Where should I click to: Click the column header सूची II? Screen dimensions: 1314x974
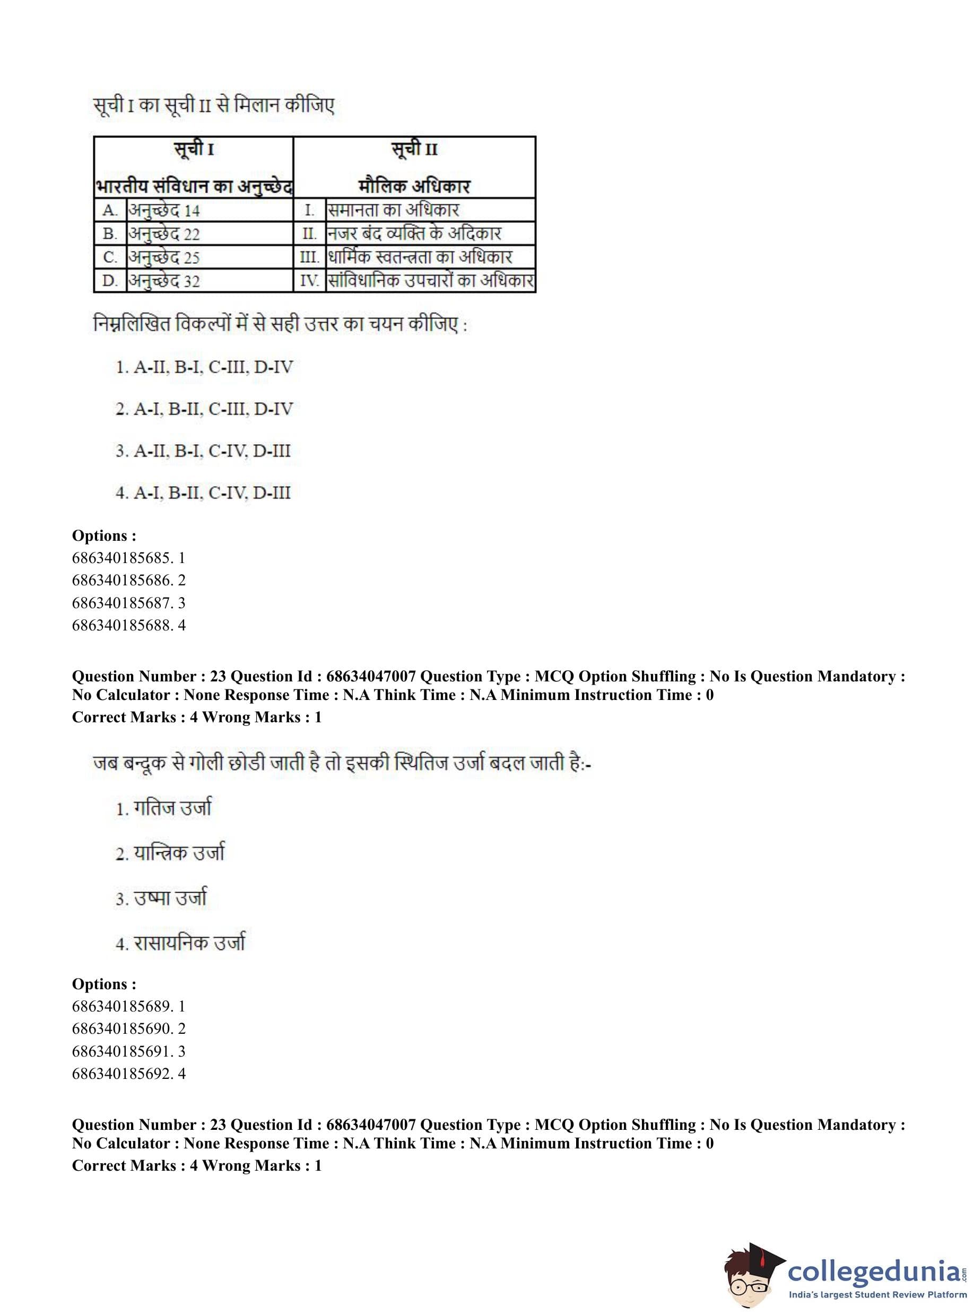414,150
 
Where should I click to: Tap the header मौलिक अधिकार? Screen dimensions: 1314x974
414,186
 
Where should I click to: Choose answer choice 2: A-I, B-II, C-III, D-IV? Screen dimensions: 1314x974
204,409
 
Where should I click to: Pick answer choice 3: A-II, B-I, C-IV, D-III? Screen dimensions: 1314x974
203,451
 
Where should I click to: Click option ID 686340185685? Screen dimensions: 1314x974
128,558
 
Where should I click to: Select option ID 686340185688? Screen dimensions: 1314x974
128,625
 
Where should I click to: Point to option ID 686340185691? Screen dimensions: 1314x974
128,1051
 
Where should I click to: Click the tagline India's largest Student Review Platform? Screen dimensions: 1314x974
878,1294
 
